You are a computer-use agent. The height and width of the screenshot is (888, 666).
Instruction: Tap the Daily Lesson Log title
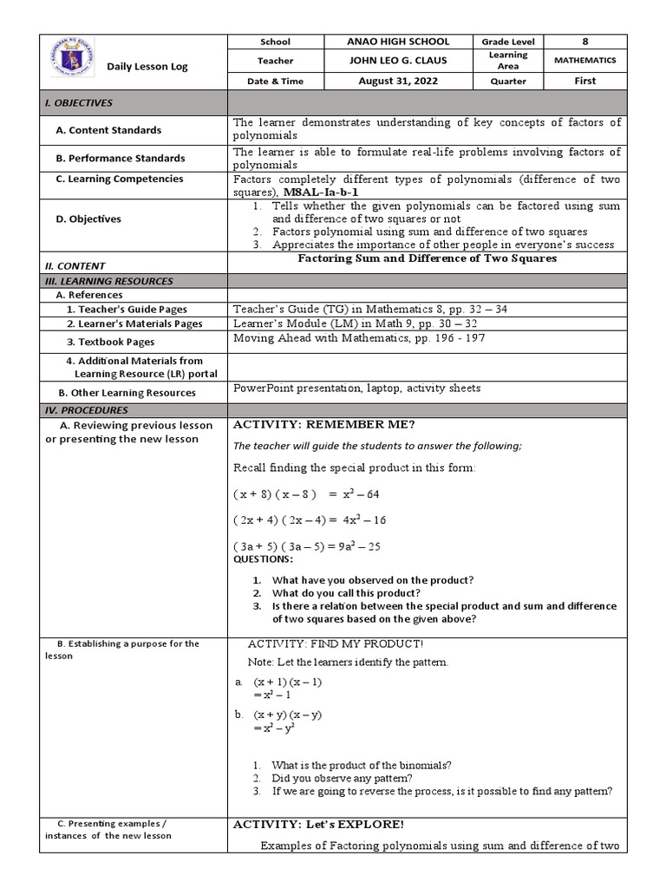point(147,67)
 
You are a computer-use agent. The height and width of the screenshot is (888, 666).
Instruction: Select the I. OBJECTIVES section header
point(79,102)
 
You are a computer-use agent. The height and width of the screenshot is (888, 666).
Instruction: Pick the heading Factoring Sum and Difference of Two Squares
point(428,258)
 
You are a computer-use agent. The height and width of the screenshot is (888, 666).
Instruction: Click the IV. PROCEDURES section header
point(87,409)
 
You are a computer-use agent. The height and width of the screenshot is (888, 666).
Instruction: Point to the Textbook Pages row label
point(116,342)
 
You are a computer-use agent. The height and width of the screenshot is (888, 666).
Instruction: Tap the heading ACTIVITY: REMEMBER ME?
point(324,424)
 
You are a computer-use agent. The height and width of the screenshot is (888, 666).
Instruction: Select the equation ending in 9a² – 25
point(307,546)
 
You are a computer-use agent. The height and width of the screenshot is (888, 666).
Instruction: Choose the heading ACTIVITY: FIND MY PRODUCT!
point(336,644)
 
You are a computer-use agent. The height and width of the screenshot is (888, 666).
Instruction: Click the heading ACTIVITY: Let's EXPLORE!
point(318,824)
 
